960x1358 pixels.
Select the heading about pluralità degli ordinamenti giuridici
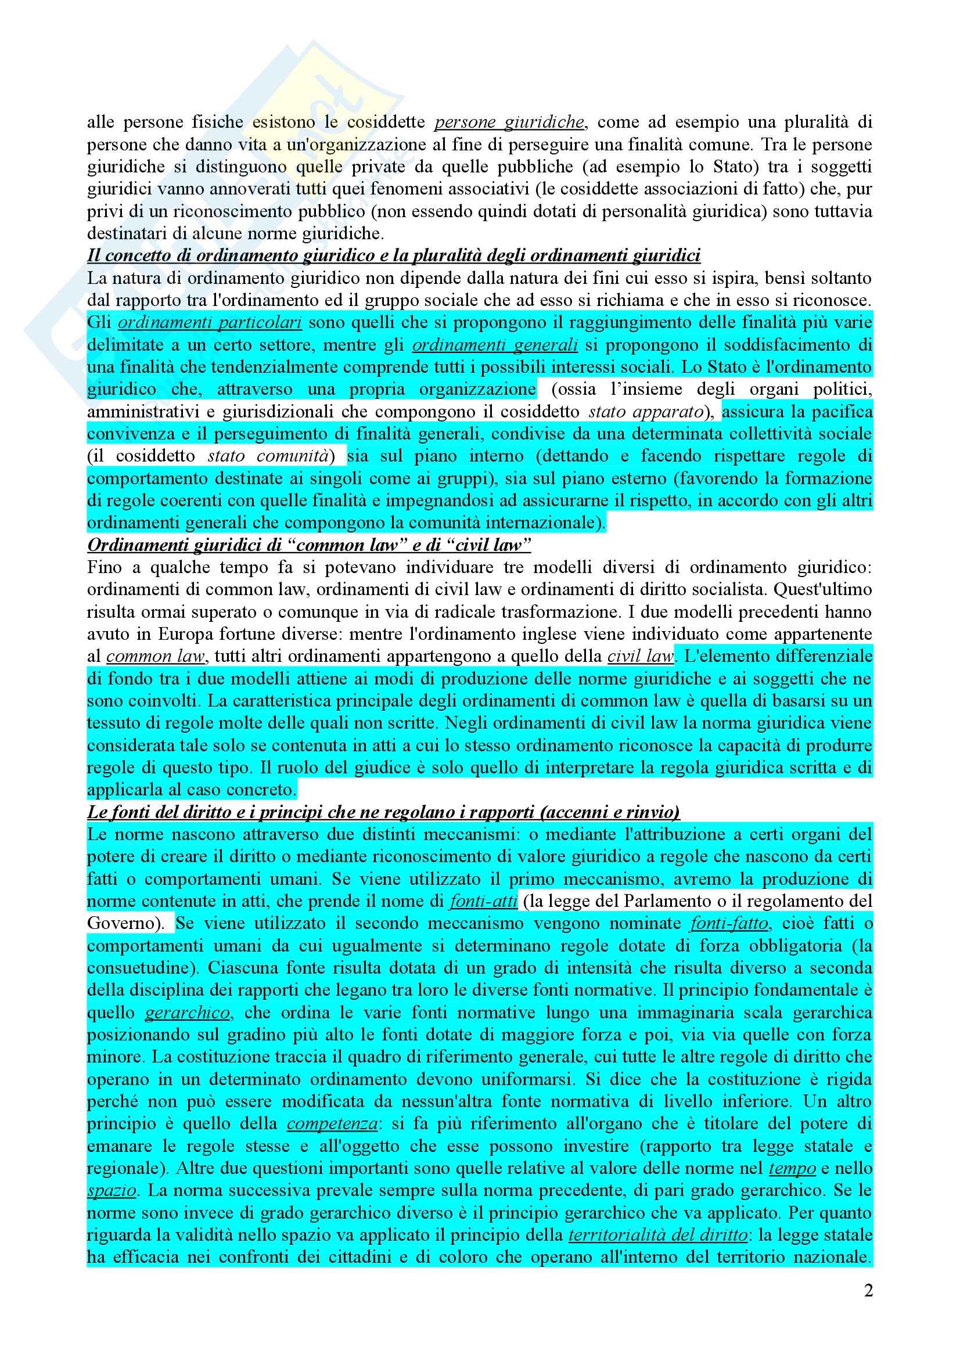[393, 255]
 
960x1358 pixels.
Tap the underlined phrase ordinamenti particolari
[211, 323]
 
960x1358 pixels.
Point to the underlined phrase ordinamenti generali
[494, 345]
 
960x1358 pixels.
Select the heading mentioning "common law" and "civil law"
[309, 545]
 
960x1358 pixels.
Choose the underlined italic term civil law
[641, 657]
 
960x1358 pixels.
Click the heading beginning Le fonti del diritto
[383, 812]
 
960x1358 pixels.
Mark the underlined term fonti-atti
[483, 902]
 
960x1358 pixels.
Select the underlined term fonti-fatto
[729, 923]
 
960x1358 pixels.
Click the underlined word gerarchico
[188, 1013]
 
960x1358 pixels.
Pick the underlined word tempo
[792, 1169]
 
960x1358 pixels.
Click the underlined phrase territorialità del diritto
[657, 1235]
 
